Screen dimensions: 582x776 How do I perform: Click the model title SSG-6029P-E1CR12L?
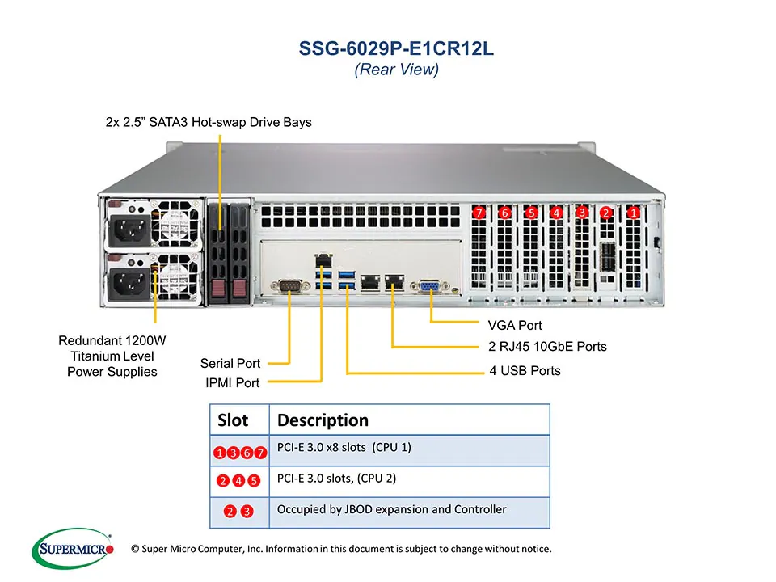coord(396,48)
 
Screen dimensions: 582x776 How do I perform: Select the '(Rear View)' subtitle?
coord(396,70)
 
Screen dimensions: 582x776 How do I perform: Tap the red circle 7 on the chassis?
coord(479,213)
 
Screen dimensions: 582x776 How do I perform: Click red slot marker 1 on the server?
coord(634,213)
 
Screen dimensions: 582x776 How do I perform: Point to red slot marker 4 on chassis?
coord(556,213)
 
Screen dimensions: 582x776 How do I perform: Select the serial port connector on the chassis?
coord(289,285)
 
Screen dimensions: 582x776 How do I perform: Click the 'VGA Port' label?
coord(515,326)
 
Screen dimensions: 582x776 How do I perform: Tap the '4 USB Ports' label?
coord(525,371)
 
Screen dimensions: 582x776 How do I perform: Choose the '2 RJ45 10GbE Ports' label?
coord(547,347)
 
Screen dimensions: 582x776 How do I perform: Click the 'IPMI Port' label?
coord(231,383)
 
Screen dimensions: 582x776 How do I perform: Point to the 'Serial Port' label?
coord(230,364)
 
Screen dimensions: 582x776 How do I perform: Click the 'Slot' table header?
coord(233,420)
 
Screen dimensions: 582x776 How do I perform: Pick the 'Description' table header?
coord(323,420)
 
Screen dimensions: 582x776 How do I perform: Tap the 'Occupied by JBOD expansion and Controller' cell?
coord(391,510)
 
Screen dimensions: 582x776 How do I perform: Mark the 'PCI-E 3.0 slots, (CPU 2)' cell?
coord(336,479)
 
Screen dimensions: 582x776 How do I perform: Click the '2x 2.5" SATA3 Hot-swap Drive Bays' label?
coord(209,122)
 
